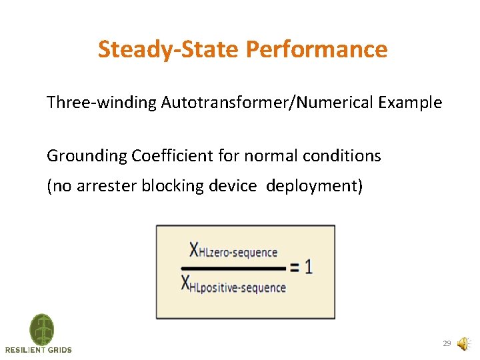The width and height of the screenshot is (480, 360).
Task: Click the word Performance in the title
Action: click(316, 49)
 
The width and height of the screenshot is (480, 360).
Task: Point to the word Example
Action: click(410, 103)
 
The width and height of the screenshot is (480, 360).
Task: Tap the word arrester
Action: click(106, 185)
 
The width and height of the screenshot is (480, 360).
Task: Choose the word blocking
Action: click(169, 185)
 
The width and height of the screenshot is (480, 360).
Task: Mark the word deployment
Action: click(312, 185)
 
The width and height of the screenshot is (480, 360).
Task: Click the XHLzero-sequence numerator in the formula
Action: click(233, 251)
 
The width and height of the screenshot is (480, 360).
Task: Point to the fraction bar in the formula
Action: click(233, 268)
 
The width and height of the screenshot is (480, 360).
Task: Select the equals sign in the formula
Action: click(295, 268)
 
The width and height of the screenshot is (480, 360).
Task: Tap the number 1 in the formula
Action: click(308, 267)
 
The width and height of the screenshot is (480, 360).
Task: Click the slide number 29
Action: click(447, 344)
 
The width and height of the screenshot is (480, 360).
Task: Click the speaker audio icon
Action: click(463, 344)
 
